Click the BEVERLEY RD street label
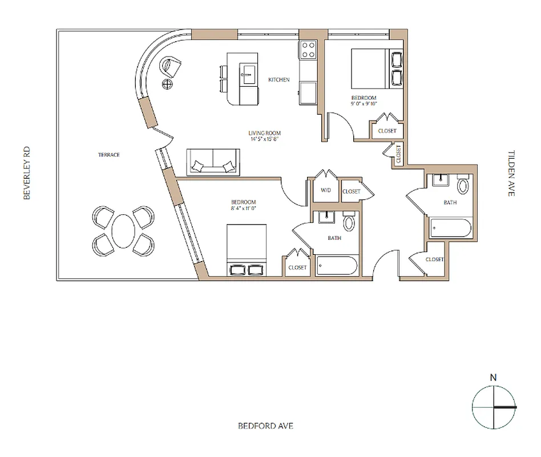click(26, 173)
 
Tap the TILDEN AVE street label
click(511, 174)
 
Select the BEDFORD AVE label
click(265, 426)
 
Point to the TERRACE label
click(108, 155)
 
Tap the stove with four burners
click(309, 50)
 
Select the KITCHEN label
click(279, 79)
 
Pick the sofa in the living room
click(213, 161)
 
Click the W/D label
click(326, 191)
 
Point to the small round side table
click(168, 85)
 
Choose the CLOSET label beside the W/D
click(352, 191)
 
